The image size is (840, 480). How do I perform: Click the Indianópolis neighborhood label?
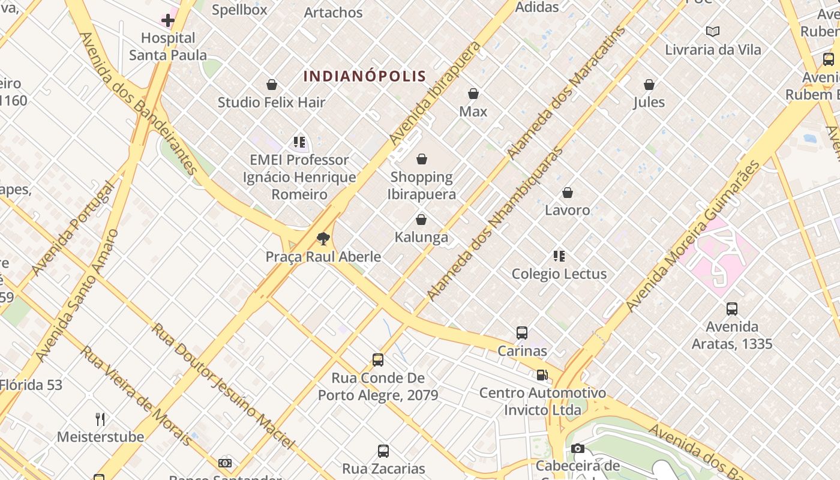click(x=365, y=76)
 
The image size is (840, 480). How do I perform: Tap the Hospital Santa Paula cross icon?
click(x=168, y=21)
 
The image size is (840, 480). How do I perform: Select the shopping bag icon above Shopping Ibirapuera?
click(x=422, y=159)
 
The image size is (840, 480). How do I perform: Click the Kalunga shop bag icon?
click(x=421, y=220)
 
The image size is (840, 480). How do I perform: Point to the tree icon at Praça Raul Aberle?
click(x=323, y=239)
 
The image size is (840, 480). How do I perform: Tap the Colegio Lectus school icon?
click(x=559, y=256)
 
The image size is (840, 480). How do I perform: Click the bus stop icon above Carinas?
click(x=522, y=332)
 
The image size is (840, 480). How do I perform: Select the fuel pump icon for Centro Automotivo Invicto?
click(x=542, y=375)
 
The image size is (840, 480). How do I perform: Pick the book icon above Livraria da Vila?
click(x=713, y=31)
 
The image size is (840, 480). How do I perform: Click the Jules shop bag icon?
click(x=649, y=85)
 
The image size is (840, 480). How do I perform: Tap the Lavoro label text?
click(x=568, y=210)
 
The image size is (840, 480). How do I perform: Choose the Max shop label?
click(x=473, y=111)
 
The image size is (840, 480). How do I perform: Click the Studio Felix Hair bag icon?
click(x=272, y=85)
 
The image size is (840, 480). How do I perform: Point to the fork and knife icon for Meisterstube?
click(x=100, y=419)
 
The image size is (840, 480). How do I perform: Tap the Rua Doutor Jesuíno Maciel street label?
click(x=223, y=386)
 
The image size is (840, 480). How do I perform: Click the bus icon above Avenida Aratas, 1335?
click(x=732, y=309)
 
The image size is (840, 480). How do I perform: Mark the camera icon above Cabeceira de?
click(x=578, y=448)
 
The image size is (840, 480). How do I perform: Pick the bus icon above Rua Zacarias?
click(x=383, y=451)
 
